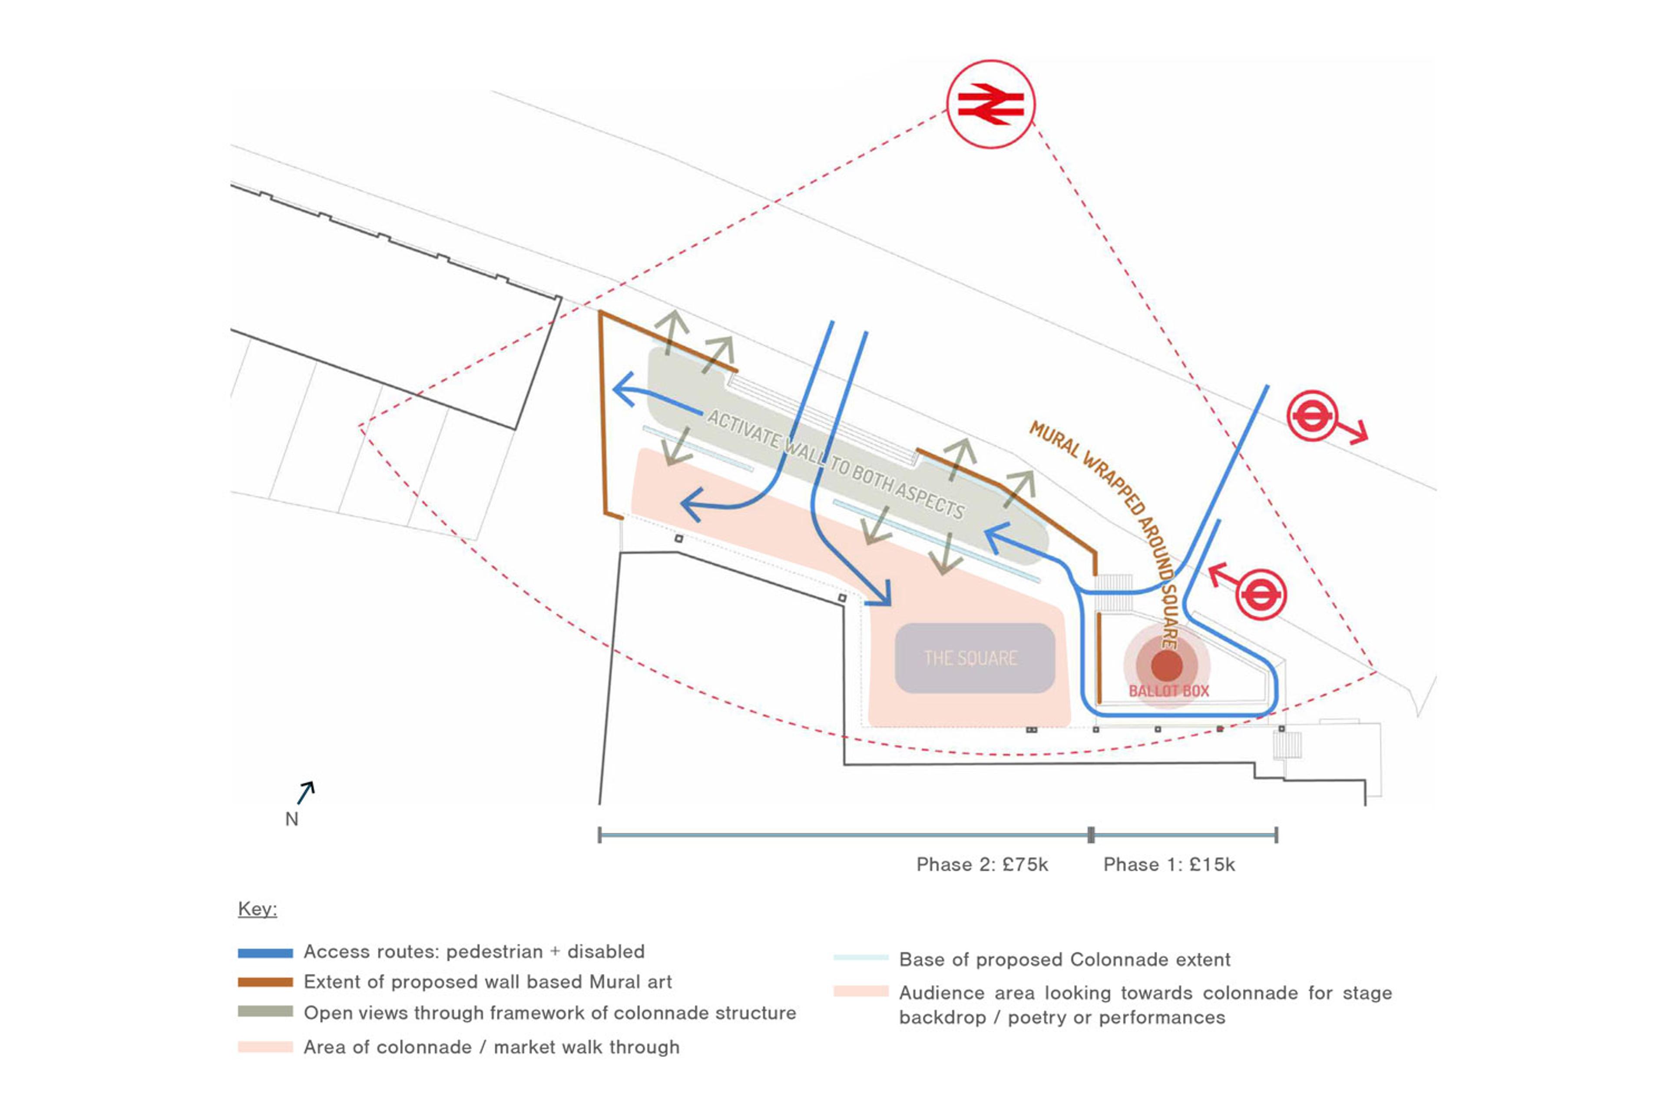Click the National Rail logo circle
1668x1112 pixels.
click(x=991, y=104)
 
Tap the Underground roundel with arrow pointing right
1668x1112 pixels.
click(x=1313, y=416)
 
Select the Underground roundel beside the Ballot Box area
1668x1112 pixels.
click(x=1261, y=594)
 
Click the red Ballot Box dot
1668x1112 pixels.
click(x=1167, y=665)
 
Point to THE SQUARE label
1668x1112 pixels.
click(x=971, y=658)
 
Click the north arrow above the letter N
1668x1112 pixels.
click(x=306, y=793)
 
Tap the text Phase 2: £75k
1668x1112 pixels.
click(x=982, y=864)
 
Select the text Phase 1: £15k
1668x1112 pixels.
click(x=1169, y=864)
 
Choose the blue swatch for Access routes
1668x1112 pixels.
click(x=265, y=953)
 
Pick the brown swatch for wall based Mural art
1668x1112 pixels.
click(x=265, y=982)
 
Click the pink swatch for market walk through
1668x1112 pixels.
click(x=265, y=1047)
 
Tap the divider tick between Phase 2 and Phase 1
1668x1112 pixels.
click(x=1091, y=835)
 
